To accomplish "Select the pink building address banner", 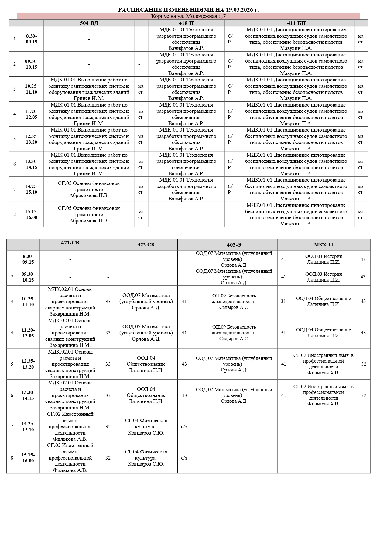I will tap(188, 16).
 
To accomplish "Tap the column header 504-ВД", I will tap(89, 23).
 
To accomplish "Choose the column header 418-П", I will tap(186, 23).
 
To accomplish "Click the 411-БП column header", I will tap(296, 23).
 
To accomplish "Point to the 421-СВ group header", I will tap(70, 243).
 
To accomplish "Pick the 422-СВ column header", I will tap(146, 245).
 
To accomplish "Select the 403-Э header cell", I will tap(234, 245).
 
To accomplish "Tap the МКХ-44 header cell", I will tap(323, 245).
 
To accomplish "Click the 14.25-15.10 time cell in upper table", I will tap(32, 189).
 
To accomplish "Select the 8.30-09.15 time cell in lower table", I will tap(28, 259).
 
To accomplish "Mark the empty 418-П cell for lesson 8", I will tap(186, 214).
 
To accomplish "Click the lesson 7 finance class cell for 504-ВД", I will tap(89, 189).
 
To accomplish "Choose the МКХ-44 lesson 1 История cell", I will tap(323, 259).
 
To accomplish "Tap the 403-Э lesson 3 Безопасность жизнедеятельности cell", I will tap(234, 301).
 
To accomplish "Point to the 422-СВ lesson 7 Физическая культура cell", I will tap(146, 426).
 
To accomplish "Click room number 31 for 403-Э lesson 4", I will tap(283, 333).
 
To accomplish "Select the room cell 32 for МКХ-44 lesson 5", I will tap(364, 364).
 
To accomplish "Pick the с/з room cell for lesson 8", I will tap(184, 458).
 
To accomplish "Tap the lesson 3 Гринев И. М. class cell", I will tap(89, 89).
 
